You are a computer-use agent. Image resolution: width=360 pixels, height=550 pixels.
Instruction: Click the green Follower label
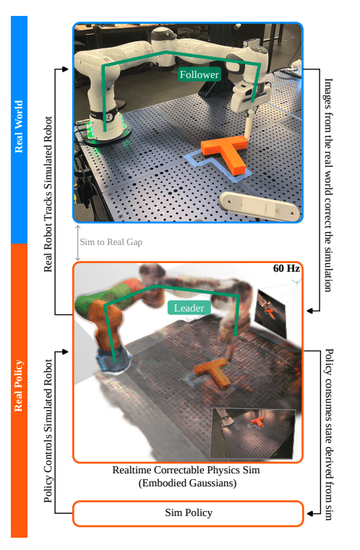pos(199,74)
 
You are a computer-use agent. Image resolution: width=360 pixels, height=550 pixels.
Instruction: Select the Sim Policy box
pos(188,512)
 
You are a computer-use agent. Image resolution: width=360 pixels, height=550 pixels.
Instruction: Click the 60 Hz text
pos(286,269)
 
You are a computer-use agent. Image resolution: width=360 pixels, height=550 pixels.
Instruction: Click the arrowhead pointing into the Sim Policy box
pos(309,513)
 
